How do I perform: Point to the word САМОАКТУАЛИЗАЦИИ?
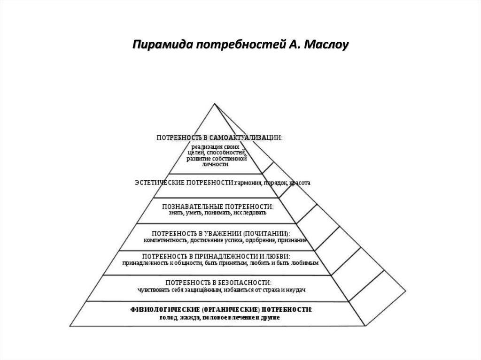(248, 138)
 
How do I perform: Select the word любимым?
(307, 263)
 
